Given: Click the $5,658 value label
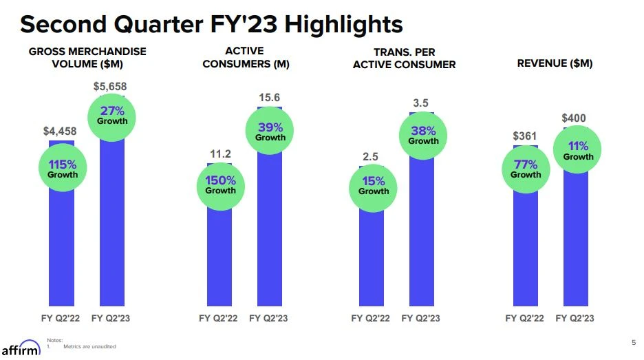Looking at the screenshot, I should (110, 87).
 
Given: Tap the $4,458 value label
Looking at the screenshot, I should (60, 131).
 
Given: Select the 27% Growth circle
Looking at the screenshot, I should (112, 115).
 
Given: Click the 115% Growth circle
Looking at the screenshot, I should (62, 169).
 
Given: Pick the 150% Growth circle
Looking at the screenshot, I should (220, 184).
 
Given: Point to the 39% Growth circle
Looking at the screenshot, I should (270, 131).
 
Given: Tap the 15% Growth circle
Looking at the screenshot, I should (374, 185).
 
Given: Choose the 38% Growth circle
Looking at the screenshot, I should (424, 135).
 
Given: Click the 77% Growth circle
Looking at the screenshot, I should (526, 169).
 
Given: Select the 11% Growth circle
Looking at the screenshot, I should (578, 151).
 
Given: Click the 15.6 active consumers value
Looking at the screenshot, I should (269, 98).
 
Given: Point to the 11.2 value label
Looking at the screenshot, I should (220, 153).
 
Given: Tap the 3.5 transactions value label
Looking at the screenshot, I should (421, 103).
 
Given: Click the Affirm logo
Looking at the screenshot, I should (21, 348).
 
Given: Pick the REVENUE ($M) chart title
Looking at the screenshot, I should (555, 63).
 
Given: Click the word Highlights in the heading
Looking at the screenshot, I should (344, 25).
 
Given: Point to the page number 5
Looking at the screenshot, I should (633, 342).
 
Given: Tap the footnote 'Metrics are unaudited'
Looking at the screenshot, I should (89, 346).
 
